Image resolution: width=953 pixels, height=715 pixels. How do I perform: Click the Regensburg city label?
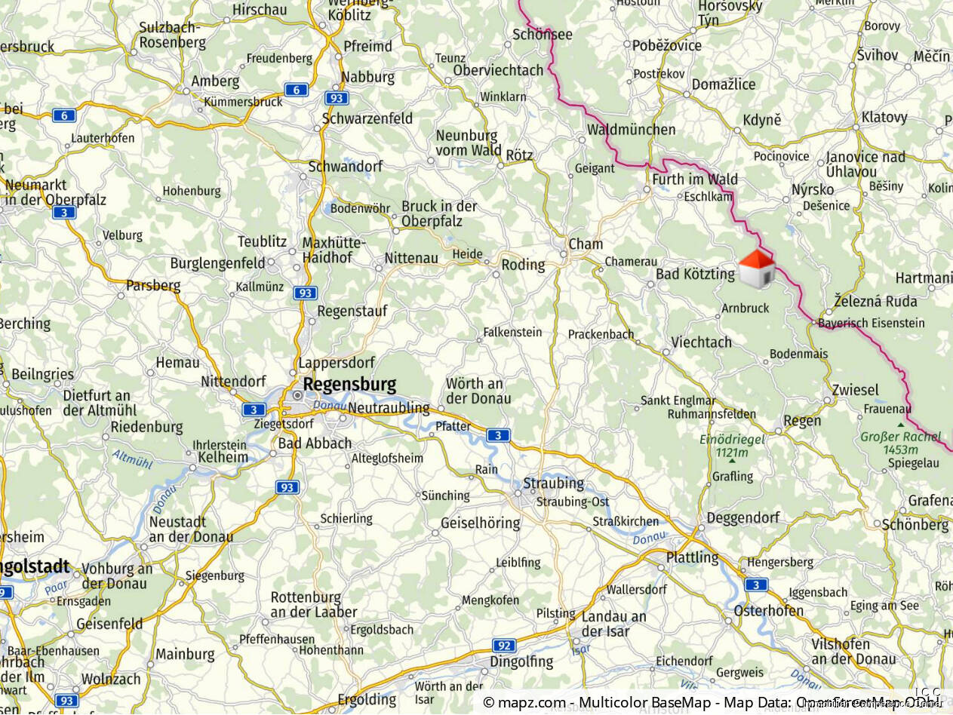[x=349, y=385]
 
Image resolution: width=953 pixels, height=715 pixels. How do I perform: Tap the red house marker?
[x=756, y=270]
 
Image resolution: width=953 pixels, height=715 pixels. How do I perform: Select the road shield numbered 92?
[x=504, y=646]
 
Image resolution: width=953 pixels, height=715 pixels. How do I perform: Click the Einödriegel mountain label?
[x=732, y=439]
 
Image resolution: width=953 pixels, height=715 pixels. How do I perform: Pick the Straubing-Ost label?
[x=573, y=502]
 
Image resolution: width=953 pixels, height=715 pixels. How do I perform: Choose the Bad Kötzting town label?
[x=695, y=274]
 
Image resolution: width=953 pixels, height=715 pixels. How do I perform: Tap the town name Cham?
[x=586, y=244]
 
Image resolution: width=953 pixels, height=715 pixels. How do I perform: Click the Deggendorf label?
[x=743, y=517]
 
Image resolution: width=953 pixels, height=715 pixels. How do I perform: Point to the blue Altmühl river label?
[x=132, y=458]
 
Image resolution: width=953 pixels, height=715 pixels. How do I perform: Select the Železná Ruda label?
[x=875, y=302]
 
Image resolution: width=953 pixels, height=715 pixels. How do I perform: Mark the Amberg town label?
[x=215, y=81]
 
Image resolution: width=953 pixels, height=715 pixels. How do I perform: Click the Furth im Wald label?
[x=694, y=179]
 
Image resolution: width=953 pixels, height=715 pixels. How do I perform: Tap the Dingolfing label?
[x=521, y=662]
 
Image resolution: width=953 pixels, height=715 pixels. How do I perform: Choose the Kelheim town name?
[x=223, y=457]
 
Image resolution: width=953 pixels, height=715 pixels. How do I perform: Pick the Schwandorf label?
[x=346, y=166]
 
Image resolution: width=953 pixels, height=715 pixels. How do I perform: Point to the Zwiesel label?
[x=855, y=390]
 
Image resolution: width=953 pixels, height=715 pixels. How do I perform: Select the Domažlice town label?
[x=724, y=84]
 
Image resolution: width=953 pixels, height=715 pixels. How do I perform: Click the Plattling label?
[x=693, y=557]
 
